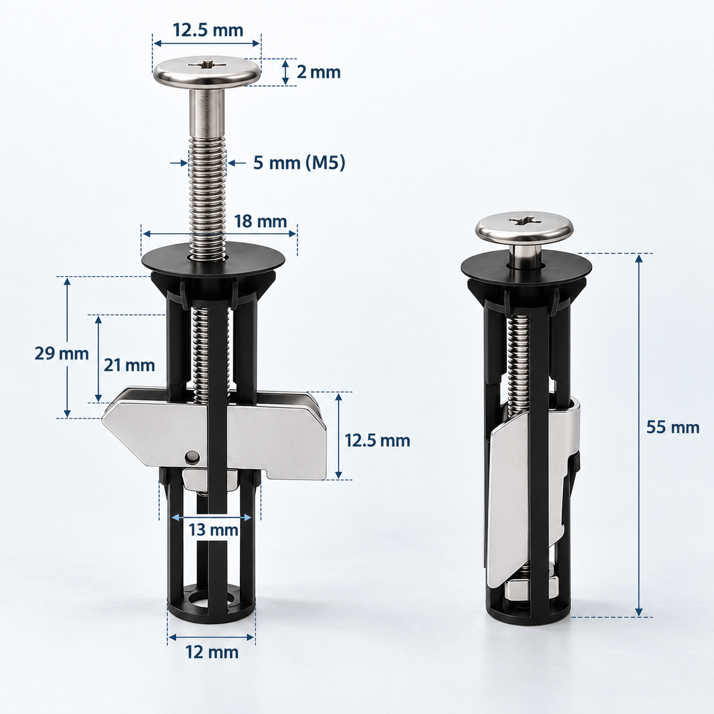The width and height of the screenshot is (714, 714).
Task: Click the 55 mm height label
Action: [673, 428]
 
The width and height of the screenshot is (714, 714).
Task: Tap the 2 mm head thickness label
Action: [318, 72]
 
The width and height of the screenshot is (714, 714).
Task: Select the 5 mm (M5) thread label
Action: [299, 163]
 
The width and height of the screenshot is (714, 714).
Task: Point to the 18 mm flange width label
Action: [261, 221]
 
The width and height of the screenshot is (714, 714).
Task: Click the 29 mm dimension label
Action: [61, 353]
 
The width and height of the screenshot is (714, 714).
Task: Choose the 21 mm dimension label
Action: [129, 366]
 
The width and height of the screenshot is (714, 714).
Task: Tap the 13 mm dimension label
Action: [214, 530]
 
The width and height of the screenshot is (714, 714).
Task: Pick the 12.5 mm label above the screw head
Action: [208, 30]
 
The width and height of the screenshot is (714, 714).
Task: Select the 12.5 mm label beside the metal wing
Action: [378, 440]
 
